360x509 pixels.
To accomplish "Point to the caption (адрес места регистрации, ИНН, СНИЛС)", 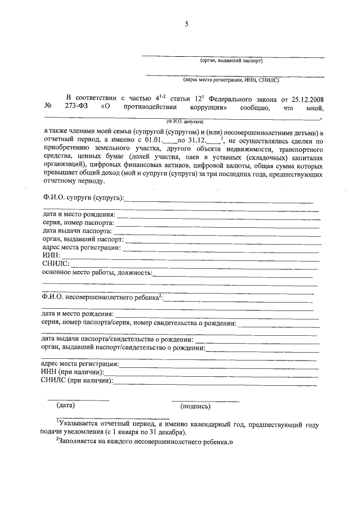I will (x=231, y=80).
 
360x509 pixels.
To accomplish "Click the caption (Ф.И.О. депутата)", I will (x=184, y=121).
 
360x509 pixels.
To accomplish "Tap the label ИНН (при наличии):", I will (x=72, y=372).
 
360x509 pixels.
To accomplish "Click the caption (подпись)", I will (x=195, y=406).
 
